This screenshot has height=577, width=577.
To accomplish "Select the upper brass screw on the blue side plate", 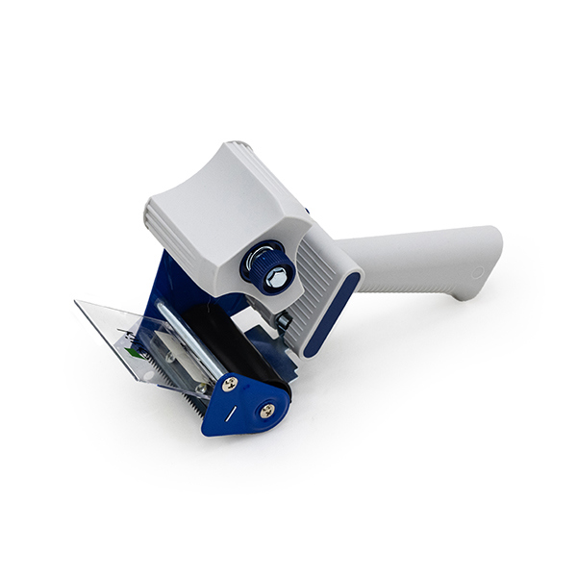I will tap(230, 384).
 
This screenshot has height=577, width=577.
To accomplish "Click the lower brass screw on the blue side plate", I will tap(266, 411).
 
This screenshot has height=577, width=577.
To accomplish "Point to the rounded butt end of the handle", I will tap(490, 260).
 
